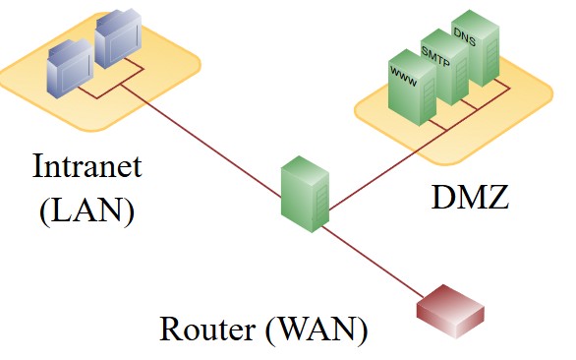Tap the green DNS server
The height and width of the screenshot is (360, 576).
471,49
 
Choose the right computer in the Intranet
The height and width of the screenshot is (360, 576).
119,41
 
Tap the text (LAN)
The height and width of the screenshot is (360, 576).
86,210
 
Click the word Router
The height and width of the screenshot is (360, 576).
207,329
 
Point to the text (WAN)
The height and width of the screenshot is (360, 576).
317,329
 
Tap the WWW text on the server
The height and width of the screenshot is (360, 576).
403,73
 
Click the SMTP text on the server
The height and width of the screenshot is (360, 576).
435,46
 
